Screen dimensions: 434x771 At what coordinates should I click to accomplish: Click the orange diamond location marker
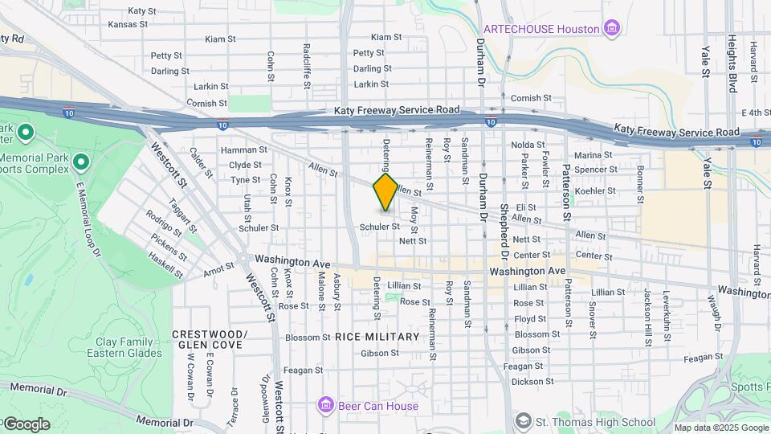385,191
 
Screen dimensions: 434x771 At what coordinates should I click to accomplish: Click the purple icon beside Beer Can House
325,404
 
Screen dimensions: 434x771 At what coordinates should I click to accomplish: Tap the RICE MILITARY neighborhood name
377,337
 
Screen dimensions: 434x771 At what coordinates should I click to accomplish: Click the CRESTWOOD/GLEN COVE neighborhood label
209,339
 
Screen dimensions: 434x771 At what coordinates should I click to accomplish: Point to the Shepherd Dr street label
504,241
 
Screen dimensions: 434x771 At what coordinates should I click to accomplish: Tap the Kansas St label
128,24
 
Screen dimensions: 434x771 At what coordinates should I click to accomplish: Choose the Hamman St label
239,150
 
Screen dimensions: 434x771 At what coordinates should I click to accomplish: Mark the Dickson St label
527,382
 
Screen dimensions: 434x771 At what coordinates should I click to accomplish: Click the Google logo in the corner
27,424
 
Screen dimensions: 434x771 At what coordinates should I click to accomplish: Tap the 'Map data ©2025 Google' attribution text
720,428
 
